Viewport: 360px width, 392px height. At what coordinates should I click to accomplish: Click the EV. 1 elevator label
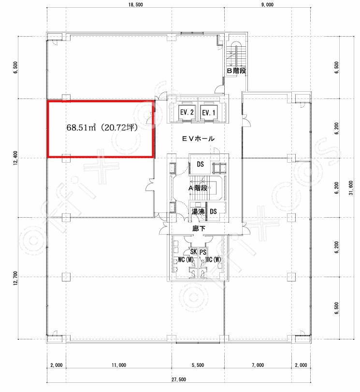pyautogui.click(x=208, y=113)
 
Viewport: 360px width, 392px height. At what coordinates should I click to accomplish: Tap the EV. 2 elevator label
pyautogui.click(x=187, y=112)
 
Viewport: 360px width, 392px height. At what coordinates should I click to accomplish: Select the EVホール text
pyautogui.click(x=198, y=139)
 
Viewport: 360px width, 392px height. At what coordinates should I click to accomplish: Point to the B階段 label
pyautogui.click(x=236, y=71)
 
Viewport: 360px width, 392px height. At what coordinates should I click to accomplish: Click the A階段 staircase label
pyautogui.click(x=198, y=188)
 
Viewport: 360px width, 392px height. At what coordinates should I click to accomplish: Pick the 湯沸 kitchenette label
pyautogui.click(x=198, y=212)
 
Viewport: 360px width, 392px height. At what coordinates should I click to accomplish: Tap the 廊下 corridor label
pyautogui.click(x=199, y=228)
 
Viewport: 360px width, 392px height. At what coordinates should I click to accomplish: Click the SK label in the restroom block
pyautogui.click(x=194, y=252)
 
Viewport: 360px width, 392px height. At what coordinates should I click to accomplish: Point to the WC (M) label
pyautogui.click(x=186, y=260)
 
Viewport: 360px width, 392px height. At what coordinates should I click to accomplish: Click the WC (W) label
pyautogui.click(x=213, y=260)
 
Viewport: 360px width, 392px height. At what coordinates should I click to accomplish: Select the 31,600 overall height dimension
pyautogui.click(x=351, y=188)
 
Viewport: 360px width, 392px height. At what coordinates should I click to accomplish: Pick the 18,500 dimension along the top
pyautogui.click(x=136, y=4)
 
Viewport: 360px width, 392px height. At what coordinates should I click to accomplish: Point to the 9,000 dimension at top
pyautogui.click(x=267, y=4)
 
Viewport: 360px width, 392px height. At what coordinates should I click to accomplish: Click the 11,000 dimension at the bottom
pyautogui.click(x=119, y=365)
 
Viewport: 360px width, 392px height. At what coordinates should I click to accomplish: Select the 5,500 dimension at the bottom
pyautogui.click(x=198, y=365)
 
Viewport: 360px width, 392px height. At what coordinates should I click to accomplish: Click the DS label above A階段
pyautogui.click(x=201, y=164)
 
